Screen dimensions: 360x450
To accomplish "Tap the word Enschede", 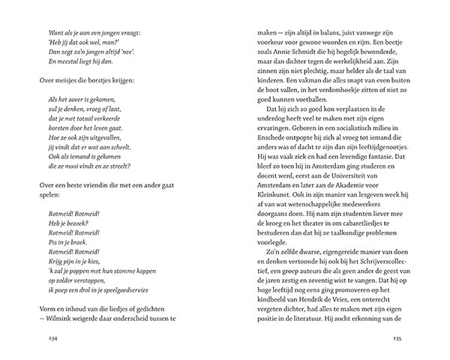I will click(256, 139).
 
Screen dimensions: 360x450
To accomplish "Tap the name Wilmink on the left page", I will click(62, 319).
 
